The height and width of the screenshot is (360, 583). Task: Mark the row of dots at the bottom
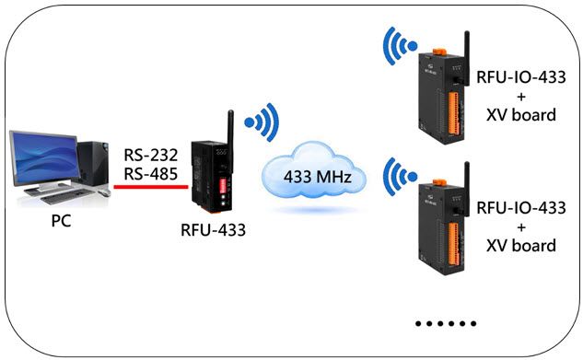click(446, 324)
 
